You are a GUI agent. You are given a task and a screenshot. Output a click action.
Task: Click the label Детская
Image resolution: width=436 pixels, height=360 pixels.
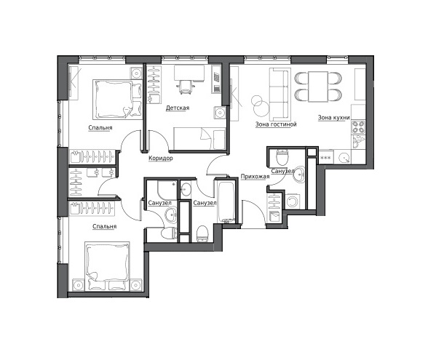(x=178, y=108)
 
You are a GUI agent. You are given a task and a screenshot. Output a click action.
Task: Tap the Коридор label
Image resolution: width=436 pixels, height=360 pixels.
(x=160, y=158)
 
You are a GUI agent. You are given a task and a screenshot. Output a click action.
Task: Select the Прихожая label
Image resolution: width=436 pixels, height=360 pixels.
(x=255, y=177)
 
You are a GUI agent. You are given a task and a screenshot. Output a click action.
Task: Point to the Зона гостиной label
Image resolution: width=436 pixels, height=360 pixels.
(x=276, y=124)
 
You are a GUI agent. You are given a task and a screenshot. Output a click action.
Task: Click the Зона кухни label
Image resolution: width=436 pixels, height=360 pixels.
(x=333, y=118)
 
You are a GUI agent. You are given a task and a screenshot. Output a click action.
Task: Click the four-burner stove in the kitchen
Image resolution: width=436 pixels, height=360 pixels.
(x=358, y=127)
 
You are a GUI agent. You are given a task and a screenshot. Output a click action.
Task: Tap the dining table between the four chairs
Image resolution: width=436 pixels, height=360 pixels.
(x=318, y=87)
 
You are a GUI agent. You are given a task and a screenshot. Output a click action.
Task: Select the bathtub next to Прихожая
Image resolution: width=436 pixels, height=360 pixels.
(x=226, y=201)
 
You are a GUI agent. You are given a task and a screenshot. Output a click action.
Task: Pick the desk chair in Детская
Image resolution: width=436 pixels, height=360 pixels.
(x=185, y=87)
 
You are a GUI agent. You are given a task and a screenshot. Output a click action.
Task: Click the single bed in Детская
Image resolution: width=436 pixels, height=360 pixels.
(x=199, y=139)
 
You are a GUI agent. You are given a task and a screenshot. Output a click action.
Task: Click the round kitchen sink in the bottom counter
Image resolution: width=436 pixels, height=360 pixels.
(x=345, y=158)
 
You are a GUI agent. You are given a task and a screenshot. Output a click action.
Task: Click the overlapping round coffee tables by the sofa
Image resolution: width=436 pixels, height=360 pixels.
(x=260, y=105)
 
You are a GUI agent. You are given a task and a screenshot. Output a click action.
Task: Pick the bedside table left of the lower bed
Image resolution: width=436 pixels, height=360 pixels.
(x=79, y=285)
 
